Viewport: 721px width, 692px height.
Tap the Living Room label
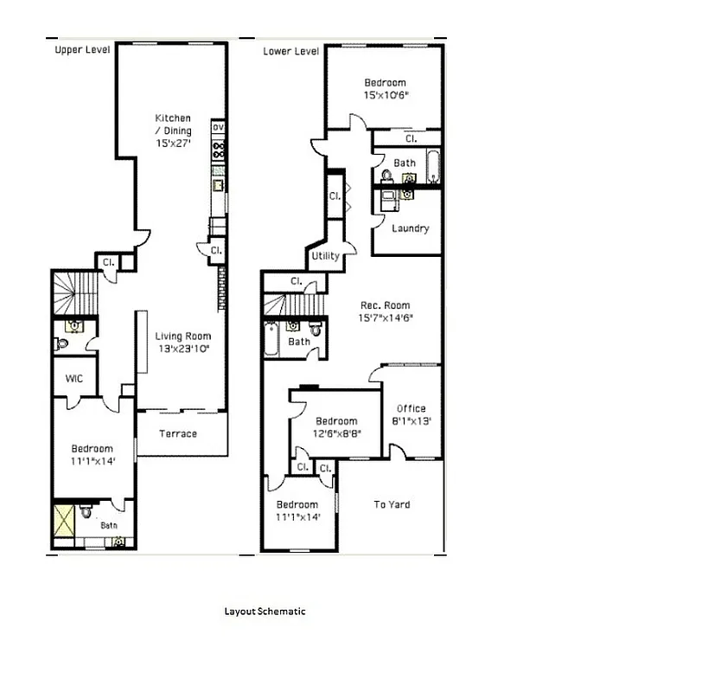[x=182, y=336]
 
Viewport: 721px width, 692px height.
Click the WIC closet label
[x=73, y=378]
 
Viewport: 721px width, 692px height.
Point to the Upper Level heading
[x=82, y=50]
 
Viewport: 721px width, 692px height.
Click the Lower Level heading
[x=291, y=51]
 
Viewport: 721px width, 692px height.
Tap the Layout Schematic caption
[x=265, y=611]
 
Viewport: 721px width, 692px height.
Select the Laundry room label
[x=410, y=228]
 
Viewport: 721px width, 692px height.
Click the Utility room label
[x=325, y=256]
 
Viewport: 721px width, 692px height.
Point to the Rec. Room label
[x=386, y=305]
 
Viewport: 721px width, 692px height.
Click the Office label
[x=411, y=408]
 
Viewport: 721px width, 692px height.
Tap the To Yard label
[x=392, y=504]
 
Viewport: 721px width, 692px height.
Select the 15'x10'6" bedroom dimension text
[x=386, y=95]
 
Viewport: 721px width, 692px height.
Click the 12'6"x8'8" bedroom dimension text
[x=336, y=434]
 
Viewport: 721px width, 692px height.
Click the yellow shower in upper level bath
[x=63, y=522]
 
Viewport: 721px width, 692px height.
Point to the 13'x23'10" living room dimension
[x=182, y=349]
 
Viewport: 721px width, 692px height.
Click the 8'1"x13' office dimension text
[x=411, y=421]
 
